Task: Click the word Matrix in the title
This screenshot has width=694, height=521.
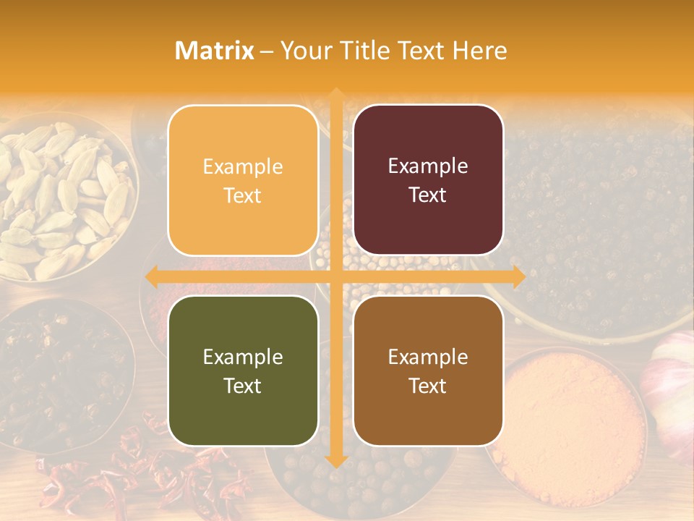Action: point(215,51)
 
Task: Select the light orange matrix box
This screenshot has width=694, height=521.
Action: point(243,180)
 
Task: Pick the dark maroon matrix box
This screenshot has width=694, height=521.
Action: point(428,180)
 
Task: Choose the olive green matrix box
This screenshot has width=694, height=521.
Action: point(243,370)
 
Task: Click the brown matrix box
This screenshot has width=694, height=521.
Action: point(428,370)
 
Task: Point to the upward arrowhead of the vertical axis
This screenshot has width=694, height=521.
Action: point(336,95)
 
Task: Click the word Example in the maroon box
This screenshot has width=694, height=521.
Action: point(428,166)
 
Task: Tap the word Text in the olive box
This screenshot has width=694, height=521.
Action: point(243,386)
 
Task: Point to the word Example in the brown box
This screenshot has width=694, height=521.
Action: point(428,356)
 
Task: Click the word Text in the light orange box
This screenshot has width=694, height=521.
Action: point(243,195)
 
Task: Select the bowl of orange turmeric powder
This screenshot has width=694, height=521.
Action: point(567,427)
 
